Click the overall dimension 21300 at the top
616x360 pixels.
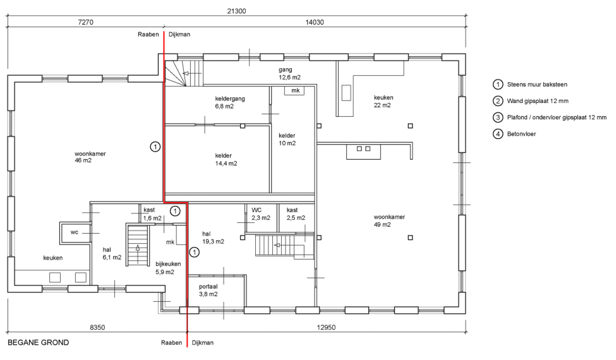[x=236, y=11]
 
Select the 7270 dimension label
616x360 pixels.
[x=86, y=22]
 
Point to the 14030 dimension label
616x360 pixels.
[x=315, y=22]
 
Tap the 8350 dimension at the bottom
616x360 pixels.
[x=97, y=327]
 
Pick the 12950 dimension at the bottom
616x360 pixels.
[x=326, y=327]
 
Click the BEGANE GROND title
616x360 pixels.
[x=39, y=342]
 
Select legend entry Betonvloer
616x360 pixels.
[x=521, y=134]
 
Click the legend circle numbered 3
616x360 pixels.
[x=498, y=117]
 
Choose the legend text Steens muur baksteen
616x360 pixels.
[x=537, y=85]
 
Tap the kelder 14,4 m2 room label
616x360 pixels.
[x=226, y=159]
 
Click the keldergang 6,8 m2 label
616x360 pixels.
[x=230, y=102]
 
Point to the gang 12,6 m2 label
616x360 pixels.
[x=289, y=73]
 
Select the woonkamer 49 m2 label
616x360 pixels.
[x=389, y=220]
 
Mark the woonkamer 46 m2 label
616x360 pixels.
[x=90, y=157]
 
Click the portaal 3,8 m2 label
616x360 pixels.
[x=208, y=291]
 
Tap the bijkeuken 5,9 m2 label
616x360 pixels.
[x=168, y=268]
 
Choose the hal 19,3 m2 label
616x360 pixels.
[x=213, y=238]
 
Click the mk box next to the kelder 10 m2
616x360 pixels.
[x=296, y=91]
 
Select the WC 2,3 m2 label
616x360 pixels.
[x=261, y=214]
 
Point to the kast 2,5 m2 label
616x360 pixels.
[x=296, y=214]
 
